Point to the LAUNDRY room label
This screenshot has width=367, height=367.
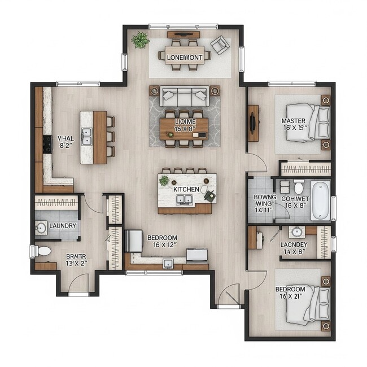[63, 226]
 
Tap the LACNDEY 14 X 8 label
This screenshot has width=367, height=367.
[294, 248]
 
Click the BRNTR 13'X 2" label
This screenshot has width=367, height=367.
[75, 259]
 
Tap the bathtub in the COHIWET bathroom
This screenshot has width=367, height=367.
[320, 200]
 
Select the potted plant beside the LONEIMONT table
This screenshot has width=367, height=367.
[140, 40]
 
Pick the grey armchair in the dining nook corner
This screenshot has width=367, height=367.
[220, 44]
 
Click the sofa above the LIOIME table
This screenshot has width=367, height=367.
[184, 97]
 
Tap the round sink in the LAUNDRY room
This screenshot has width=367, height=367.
[41, 228]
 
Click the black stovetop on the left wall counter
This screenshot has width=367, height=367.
[47, 144]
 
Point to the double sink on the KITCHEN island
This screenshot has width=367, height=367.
[184, 199]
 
